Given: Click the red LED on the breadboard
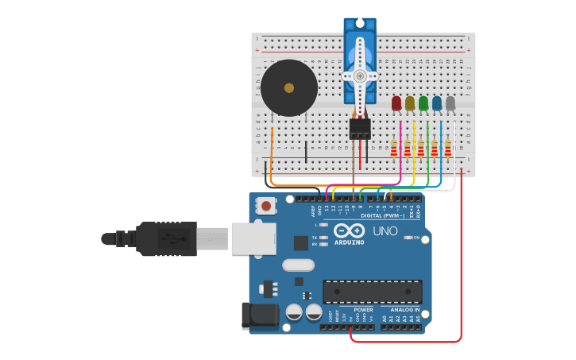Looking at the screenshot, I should pos(396,103).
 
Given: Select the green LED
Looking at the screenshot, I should pos(423,103).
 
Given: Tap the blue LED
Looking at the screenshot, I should pos(437,103).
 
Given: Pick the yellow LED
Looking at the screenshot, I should pos(410,103).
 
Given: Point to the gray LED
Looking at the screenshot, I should pos(450,103).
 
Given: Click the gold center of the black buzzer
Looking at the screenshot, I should pos(289,88).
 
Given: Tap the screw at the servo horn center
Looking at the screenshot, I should pos(360,76).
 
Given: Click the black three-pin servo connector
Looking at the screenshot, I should pos(360,129).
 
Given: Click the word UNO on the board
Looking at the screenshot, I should pos(385,231).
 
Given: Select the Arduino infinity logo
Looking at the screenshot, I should pos(349,230).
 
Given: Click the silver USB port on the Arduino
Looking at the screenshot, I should pos(253,238).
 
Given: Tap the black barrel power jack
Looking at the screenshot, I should pos(260,315).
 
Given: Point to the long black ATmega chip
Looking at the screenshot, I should pos(372,291).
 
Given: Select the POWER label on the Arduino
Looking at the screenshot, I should pos(363,310).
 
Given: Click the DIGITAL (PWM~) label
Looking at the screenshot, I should pos(382,215).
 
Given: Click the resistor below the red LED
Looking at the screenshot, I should pos(394,149).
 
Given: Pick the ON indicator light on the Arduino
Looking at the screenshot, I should pos(407,238).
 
